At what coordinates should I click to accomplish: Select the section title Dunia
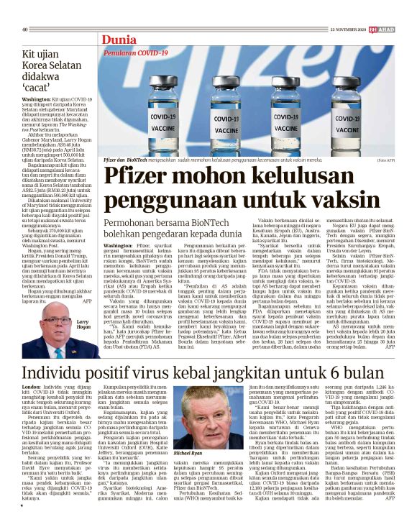tap(119, 40)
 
